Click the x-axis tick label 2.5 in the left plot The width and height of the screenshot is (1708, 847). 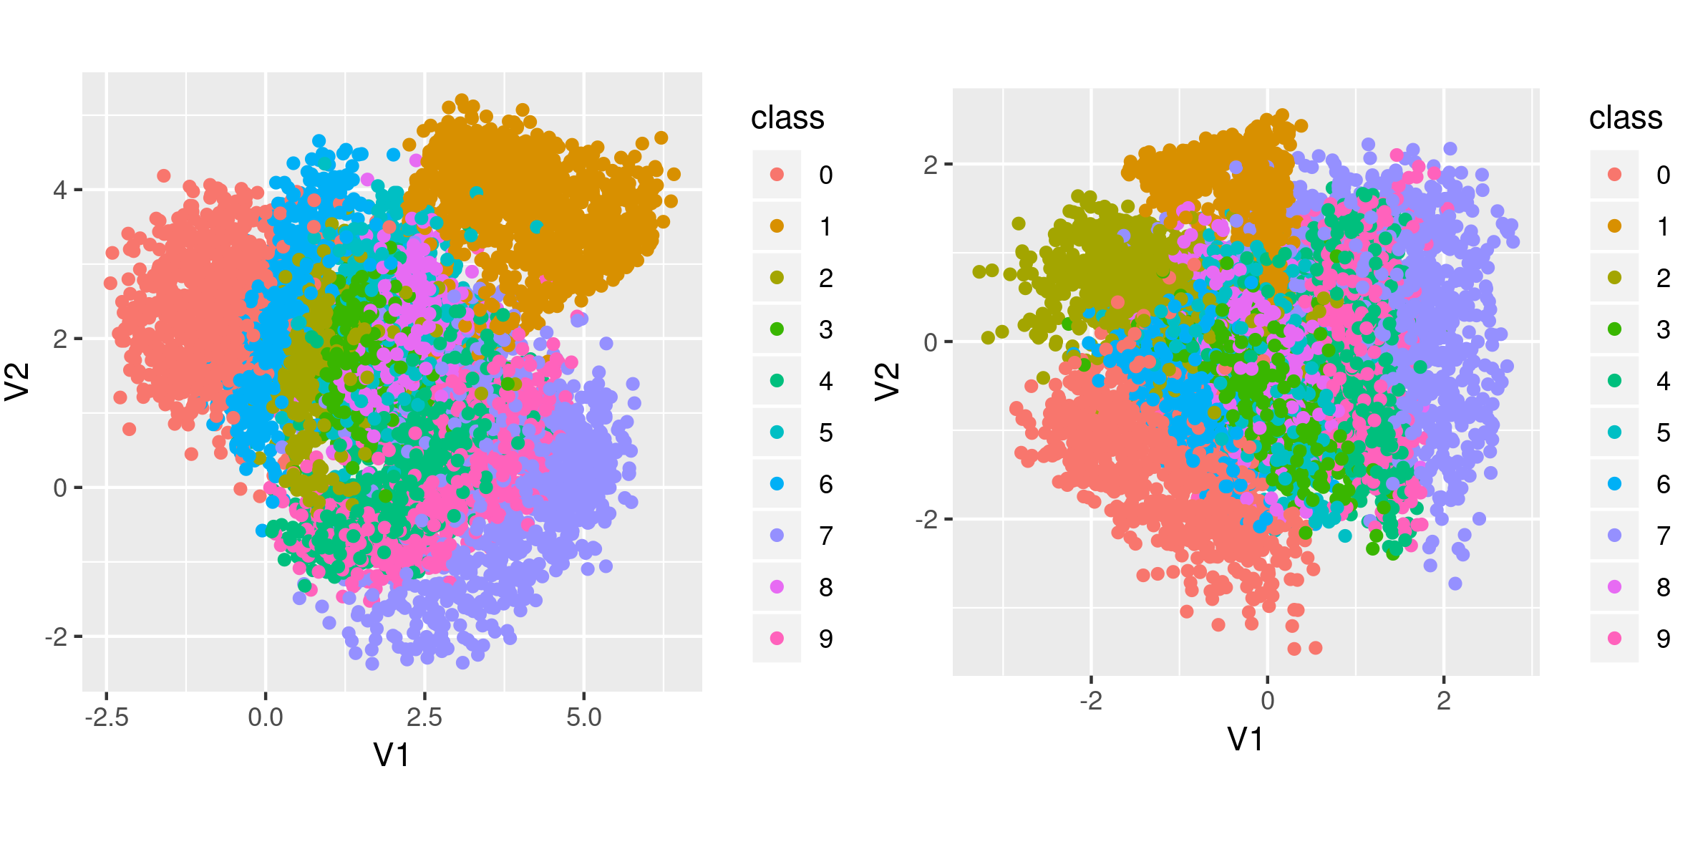[424, 717]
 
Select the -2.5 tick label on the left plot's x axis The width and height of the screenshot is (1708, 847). [107, 717]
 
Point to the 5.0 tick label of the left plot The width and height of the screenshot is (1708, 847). [583, 717]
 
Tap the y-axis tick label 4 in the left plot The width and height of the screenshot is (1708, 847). [60, 190]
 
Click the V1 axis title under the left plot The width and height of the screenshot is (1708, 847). [392, 755]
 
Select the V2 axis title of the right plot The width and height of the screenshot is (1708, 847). [888, 381]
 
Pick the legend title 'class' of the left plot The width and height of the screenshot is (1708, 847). [787, 117]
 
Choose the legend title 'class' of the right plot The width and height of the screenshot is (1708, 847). [1626, 117]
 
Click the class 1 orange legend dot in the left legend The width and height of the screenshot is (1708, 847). [777, 226]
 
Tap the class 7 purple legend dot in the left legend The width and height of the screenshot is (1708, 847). [777, 536]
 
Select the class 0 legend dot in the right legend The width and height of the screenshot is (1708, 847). [1614, 175]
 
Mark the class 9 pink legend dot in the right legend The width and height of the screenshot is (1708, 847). [1614, 639]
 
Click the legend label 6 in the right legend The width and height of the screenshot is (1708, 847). [1664, 485]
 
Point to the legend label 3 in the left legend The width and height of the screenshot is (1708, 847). [826, 330]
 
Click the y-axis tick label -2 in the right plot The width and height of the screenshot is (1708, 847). [926, 519]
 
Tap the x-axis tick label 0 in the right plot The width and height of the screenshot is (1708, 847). [1268, 701]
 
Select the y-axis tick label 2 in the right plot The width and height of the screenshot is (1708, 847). [931, 165]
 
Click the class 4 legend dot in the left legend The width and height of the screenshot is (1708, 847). [777, 381]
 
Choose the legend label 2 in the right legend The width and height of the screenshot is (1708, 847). [1664, 279]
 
